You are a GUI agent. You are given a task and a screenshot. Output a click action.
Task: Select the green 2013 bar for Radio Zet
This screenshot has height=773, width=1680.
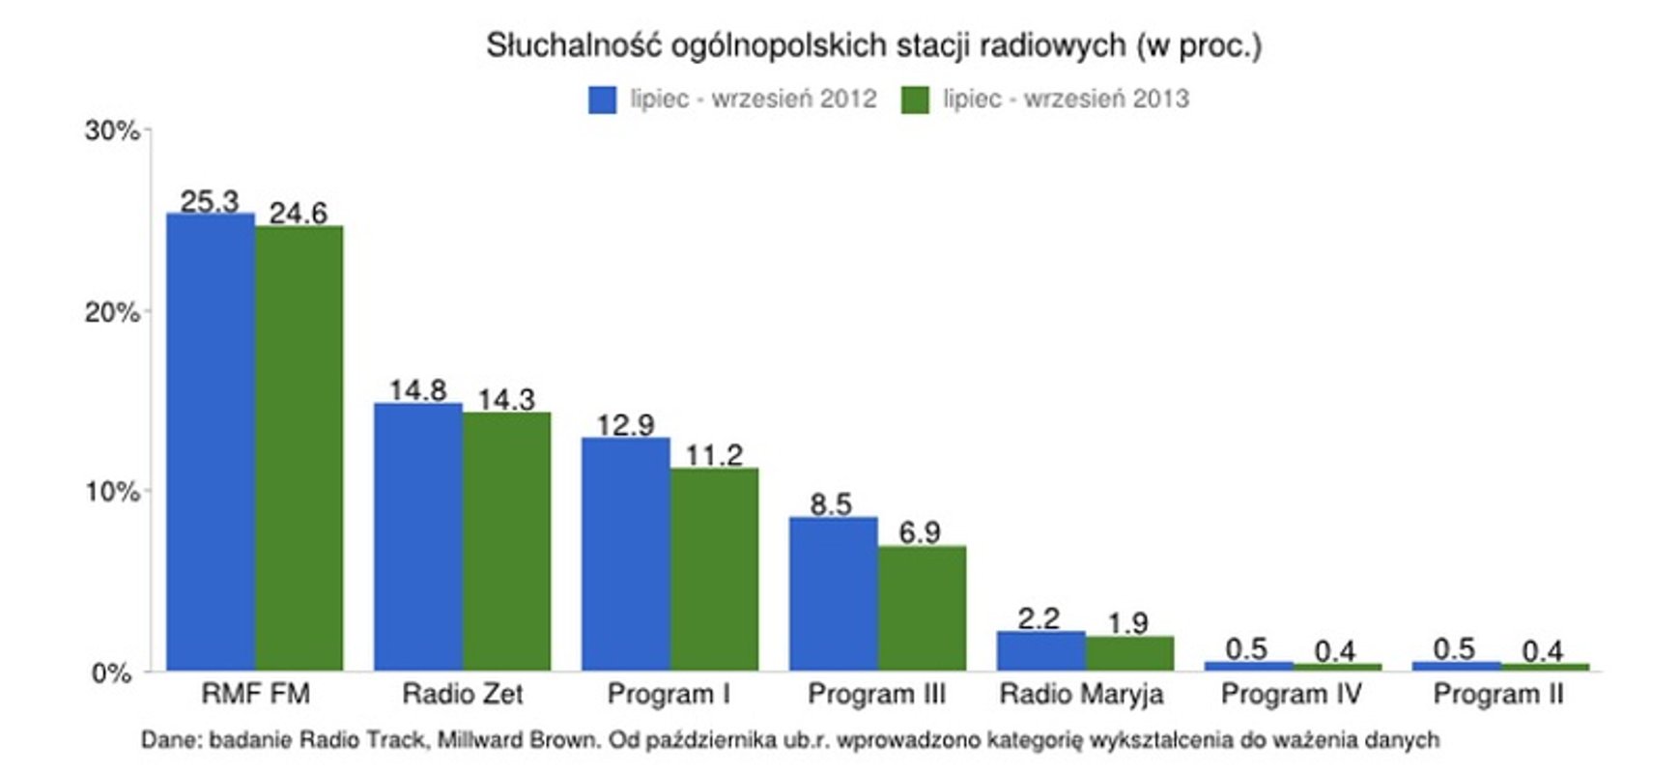pos(506,541)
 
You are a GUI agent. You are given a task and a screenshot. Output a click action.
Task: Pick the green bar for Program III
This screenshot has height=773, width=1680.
pos(922,608)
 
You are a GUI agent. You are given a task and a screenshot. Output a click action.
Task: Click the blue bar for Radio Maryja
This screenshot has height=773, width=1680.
pos(1040,650)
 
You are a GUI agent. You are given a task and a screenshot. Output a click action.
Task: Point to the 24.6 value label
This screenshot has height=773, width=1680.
pos(298,213)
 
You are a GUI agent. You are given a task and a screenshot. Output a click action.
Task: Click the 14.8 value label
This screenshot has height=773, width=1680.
pos(417,390)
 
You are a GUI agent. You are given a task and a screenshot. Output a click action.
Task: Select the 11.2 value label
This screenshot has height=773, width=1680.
pos(714,455)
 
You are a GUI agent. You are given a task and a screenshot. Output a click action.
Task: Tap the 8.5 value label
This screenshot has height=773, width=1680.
pos(831,504)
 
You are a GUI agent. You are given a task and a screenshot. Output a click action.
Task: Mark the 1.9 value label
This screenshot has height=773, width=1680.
pos(1128,623)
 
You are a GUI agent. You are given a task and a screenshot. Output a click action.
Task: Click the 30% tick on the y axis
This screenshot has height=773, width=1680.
pos(112,130)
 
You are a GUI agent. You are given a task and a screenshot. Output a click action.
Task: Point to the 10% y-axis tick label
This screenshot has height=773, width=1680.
pos(112,492)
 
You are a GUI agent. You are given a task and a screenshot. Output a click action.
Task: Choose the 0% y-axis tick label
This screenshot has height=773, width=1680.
pos(112,673)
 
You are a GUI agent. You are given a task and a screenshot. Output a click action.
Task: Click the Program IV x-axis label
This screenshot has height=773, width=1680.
pos(1291,694)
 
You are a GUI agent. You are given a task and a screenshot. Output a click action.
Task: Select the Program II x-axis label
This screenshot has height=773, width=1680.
pos(1497,694)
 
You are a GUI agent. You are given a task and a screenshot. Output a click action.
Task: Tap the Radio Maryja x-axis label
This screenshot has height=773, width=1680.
pos(1081,694)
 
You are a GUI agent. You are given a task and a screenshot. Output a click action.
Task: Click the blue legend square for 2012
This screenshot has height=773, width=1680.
pos(602,100)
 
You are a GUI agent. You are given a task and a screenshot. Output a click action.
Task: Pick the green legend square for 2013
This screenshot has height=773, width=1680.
pos(914,100)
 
